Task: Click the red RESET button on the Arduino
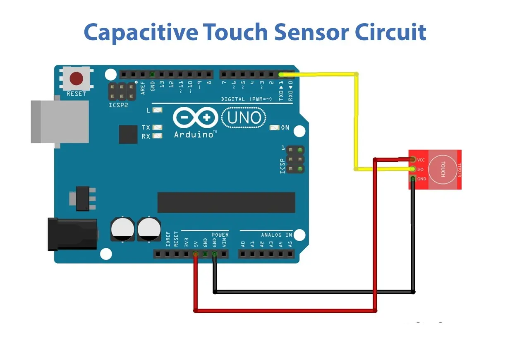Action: coord(76,78)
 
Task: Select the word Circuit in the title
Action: coord(391,32)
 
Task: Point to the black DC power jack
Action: coord(72,234)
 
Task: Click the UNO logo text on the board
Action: coord(244,118)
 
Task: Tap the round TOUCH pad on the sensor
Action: coord(442,169)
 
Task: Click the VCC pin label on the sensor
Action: coord(421,160)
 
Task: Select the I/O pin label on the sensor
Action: coord(420,169)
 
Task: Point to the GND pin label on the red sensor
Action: coord(421,179)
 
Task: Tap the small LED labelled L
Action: coord(157,110)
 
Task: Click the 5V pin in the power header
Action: coord(196,254)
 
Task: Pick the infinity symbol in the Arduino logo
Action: coord(195,118)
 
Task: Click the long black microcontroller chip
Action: coord(226,202)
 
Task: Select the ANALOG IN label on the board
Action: coord(276,235)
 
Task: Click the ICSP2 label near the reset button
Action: coord(118,105)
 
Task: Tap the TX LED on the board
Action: coord(157,127)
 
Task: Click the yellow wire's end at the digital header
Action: coord(281,74)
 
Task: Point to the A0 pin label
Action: coord(243,244)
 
